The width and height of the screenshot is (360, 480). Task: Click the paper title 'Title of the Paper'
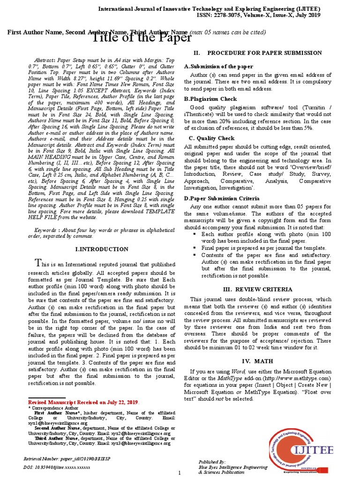click(x=140, y=38)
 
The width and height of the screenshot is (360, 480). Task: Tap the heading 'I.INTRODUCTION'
click(x=102, y=249)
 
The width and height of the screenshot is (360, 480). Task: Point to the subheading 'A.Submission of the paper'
click(x=218, y=67)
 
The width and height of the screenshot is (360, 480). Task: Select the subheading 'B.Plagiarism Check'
click(x=210, y=99)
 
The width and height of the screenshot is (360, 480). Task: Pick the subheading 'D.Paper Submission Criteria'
click(x=221, y=199)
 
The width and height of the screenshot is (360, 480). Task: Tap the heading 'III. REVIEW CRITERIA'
click(x=257, y=289)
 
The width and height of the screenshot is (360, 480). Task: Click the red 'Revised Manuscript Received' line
click(x=83, y=402)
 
